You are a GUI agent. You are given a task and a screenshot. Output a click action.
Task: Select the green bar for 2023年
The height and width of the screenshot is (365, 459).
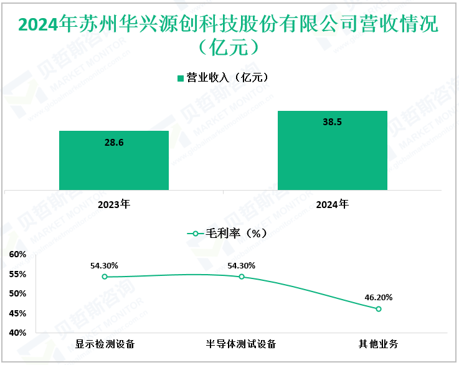(x=114, y=160)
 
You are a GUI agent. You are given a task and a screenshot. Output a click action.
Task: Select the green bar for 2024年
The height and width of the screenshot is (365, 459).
(x=332, y=150)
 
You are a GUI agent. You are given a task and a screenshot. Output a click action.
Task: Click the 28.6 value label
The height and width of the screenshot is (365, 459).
(x=114, y=143)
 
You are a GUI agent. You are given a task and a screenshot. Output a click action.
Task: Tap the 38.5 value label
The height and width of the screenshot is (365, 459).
(x=332, y=122)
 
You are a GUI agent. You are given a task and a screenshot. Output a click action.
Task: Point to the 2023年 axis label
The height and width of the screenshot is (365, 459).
(x=114, y=204)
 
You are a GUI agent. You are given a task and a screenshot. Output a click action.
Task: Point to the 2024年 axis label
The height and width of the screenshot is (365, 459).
(x=332, y=204)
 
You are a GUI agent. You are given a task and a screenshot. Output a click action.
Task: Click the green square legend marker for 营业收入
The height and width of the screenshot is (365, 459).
(x=181, y=78)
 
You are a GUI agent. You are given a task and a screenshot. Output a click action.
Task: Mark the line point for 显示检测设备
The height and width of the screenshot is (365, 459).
(x=105, y=277)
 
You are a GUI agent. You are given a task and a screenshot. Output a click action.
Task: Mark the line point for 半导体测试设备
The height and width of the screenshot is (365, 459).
(x=242, y=277)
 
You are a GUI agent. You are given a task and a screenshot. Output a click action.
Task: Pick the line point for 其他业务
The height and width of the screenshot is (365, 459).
(x=378, y=309)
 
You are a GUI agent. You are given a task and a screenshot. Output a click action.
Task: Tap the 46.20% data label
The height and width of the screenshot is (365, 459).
(x=378, y=297)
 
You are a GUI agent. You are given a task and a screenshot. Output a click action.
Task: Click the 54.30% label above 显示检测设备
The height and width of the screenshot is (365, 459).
(x=104, y=265)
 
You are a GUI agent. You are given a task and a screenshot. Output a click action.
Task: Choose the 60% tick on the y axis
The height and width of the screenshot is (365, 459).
(x=17, y=254)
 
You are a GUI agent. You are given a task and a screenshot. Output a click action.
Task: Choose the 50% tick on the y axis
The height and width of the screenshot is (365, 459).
(x=17, y=293)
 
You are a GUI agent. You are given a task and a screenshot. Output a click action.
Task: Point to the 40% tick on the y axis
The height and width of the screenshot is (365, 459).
(x=17, y=333)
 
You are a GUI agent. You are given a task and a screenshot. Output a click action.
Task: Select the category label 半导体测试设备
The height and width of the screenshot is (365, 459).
(x=241, y=344)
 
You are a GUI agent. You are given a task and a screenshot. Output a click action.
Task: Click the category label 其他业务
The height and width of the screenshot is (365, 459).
(x=378, y=344)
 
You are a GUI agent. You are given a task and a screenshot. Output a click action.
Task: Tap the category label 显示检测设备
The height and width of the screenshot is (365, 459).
(x=105, y=344)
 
